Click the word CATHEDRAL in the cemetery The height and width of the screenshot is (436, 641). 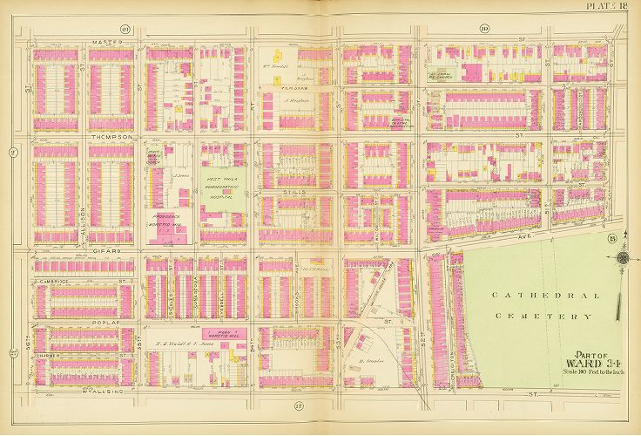point(545,296)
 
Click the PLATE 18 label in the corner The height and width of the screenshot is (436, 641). point(612,7)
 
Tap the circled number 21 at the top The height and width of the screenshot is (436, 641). point(125,29)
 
